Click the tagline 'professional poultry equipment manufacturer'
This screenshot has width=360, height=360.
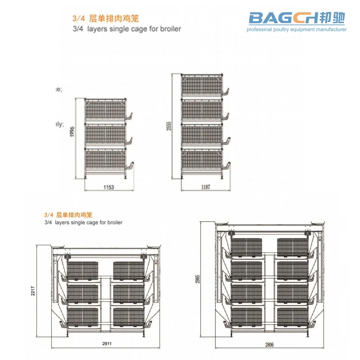tap(297, 30)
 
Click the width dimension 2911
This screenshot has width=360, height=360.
tap(106, 343)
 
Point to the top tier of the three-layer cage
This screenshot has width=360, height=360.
tap(106, 110)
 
